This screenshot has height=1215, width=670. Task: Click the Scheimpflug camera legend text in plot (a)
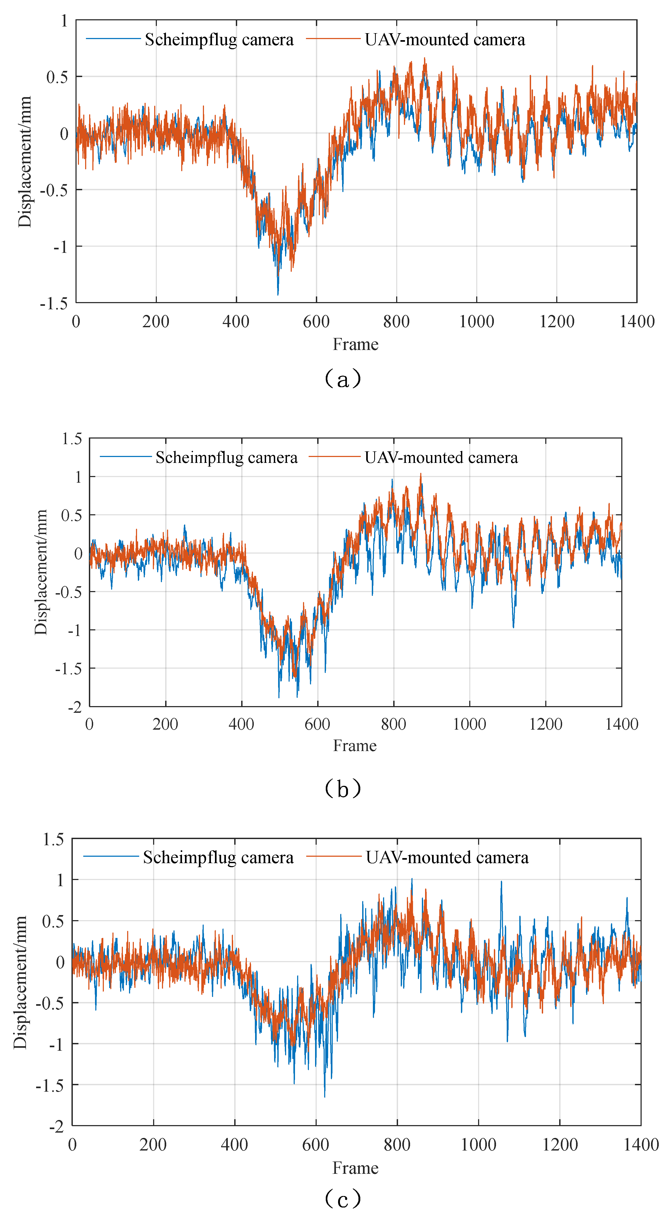(x=219, y=40)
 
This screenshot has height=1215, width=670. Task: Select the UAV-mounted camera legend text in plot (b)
(x=441, y=458)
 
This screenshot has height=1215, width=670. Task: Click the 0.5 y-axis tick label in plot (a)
(x=57, y=77)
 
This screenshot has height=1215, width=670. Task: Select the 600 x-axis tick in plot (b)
(x=317, y=724)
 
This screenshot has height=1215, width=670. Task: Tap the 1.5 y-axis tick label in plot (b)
(x=72, y=439)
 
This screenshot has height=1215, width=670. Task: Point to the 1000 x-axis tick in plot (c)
(x=478, y=1145)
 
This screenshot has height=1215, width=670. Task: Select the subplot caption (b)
(x=343, y=789)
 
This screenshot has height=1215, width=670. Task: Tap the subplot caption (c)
(x=343, y=1198)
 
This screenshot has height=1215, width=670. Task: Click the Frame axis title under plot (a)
(x=355, y=344)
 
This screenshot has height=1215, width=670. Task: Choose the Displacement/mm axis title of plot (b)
(x=41, y=572)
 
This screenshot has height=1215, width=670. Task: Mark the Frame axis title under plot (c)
(x=355, y=1168)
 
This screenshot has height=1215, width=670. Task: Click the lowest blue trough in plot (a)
(x=278, y=294)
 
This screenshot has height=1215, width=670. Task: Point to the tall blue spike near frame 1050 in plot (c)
(x=501, y=882)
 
